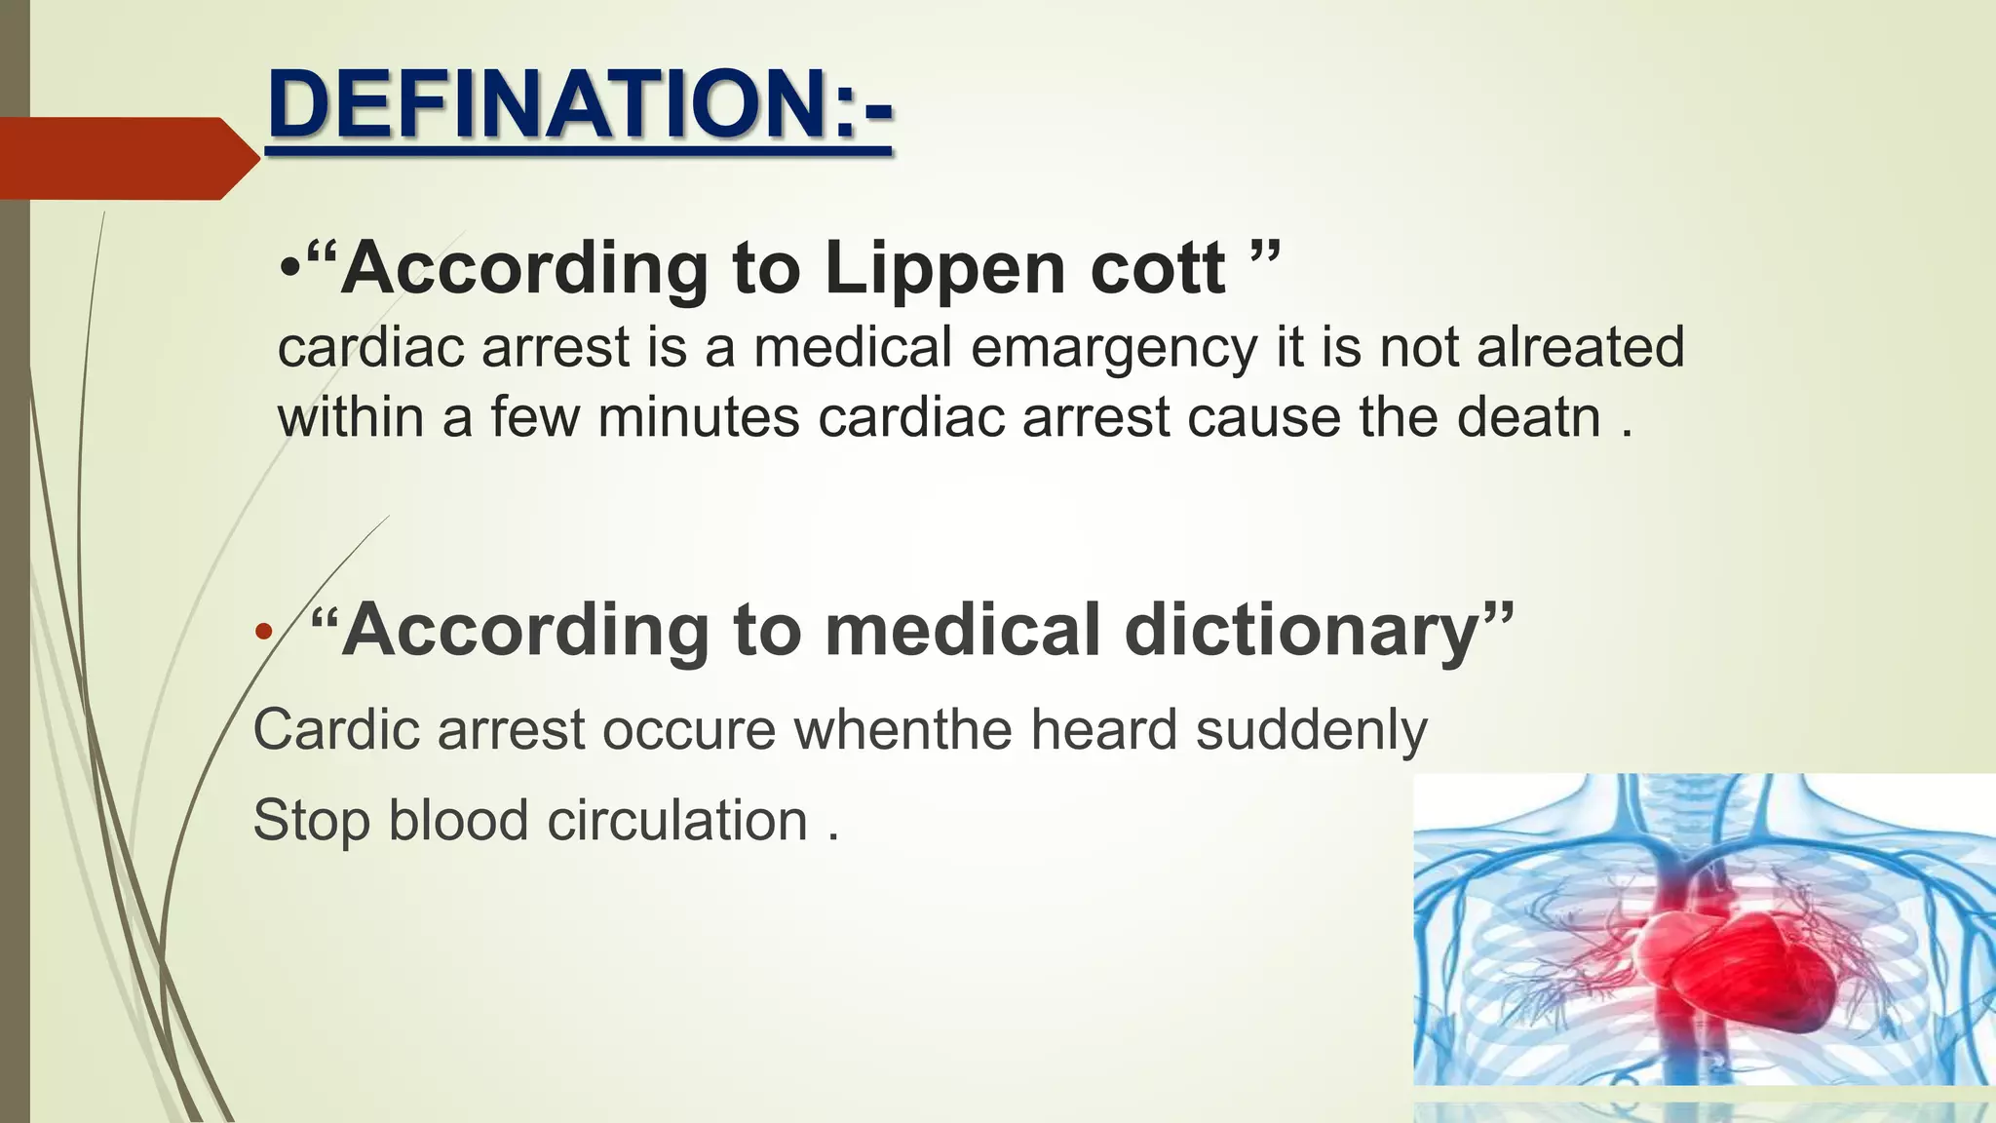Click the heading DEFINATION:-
(579, 105)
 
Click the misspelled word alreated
(1580, 347)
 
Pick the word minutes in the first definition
(698, 418)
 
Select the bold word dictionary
(1302, 631)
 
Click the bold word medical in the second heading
(963, 631)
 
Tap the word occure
(688, 729)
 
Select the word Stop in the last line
(311, 820)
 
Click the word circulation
(677, 820)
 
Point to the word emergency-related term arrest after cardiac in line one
(556, 348)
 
